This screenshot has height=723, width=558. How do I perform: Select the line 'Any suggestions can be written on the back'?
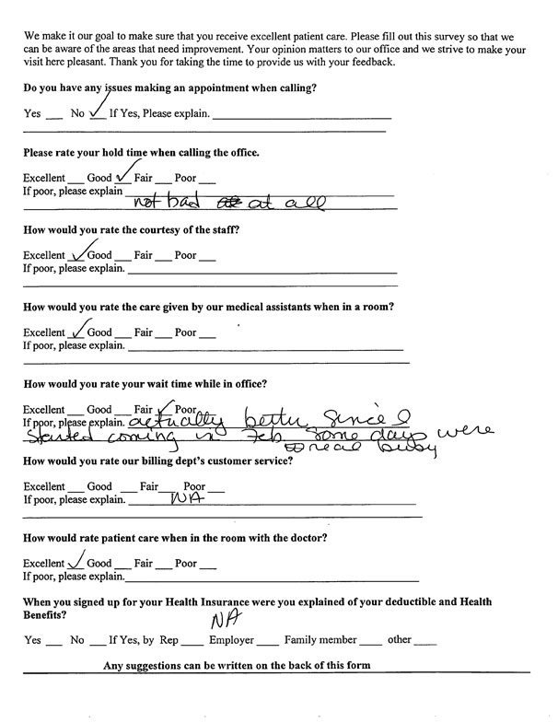237,665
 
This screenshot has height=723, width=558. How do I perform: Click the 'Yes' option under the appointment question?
32,115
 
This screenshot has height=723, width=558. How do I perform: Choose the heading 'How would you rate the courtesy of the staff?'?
131,229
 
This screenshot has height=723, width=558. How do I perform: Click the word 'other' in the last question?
399,639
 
